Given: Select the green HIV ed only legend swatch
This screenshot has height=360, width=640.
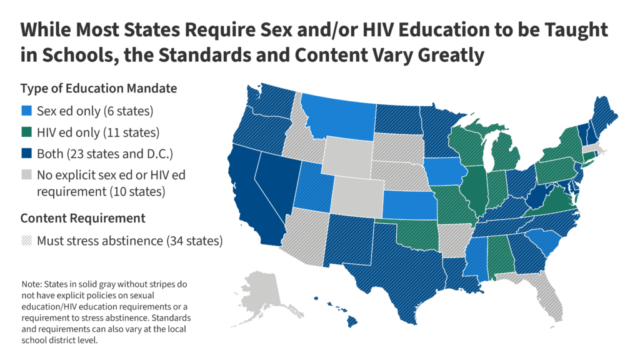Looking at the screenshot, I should coord(26,132).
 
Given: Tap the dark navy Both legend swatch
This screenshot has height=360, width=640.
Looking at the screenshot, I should coord(26,154).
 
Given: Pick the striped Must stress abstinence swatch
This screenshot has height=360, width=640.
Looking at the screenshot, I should coord(26,240).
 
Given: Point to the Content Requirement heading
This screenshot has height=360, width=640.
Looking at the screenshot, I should coord(82,218).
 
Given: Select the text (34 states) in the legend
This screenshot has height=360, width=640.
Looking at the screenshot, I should coord(194,240).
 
